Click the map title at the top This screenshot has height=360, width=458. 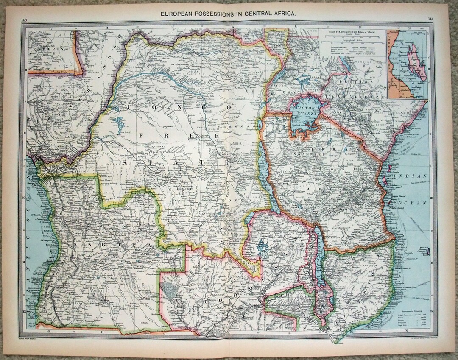228,14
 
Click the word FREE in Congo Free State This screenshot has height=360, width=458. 178,134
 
